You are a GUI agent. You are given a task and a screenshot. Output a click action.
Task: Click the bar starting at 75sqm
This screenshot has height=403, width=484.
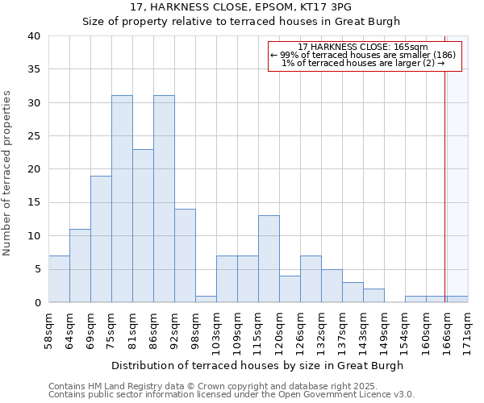[122, 199]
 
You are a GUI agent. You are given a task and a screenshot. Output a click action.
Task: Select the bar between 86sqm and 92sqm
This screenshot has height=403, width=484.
[164, 199]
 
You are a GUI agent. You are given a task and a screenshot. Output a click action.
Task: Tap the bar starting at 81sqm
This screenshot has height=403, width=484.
[143, 226]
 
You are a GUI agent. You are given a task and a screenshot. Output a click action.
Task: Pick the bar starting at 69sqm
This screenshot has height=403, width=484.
[101, 239]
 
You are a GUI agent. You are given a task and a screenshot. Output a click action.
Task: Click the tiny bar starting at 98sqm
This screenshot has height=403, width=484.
[206, 299]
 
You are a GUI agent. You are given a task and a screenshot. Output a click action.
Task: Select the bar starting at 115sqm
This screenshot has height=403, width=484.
[269, 259]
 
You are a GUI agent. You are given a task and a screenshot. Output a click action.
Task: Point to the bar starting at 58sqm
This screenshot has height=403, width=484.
[59, 279]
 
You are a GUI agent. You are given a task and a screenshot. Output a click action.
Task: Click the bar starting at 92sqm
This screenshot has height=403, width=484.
[185, 256]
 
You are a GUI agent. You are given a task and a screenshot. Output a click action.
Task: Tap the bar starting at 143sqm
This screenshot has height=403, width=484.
[373, 295]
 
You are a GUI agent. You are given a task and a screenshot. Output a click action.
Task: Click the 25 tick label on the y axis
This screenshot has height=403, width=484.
[33, 136]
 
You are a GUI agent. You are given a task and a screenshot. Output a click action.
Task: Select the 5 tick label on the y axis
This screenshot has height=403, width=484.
[36, 269]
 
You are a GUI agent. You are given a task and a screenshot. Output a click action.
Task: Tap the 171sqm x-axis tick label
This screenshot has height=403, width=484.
[468, 330]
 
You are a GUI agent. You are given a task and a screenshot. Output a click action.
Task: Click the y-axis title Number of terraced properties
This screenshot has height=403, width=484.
[8, 173]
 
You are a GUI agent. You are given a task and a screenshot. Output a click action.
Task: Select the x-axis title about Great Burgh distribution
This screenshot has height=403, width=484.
[257, 365]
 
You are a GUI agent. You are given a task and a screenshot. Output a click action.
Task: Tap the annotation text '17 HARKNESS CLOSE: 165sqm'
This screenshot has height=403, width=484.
[363, 47]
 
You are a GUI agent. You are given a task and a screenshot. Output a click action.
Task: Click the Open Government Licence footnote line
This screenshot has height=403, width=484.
[232, 394]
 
